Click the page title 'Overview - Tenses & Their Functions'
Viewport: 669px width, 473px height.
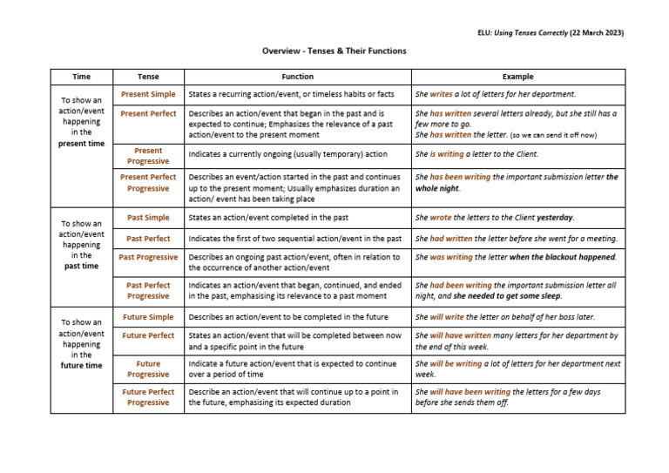[x=334, y=51]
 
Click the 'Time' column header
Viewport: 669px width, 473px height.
[x=81, y=77]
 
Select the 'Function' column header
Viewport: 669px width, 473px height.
[x=297, y=77]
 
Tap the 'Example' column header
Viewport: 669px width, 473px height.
[x=518, y=77]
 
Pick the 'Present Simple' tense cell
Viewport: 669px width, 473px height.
[x=148, y=94]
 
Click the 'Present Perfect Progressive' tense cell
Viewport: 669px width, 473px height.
[x=148, y=183]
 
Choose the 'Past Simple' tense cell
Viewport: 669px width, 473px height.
[x=148, y=218]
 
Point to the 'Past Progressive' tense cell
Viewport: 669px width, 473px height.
[x=148, y=258]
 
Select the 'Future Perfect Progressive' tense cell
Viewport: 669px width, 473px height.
[x=148, y=397]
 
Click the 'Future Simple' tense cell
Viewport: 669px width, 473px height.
[x=148, y=318]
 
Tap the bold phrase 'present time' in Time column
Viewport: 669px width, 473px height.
[x=81, y=144]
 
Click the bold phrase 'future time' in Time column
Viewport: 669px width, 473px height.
[x=81, y=366]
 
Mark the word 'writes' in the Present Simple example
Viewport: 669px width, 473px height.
[x=440, y=94]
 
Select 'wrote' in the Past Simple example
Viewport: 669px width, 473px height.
[x=441, y=218]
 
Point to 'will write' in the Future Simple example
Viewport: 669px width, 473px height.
[x=448, y=318]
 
